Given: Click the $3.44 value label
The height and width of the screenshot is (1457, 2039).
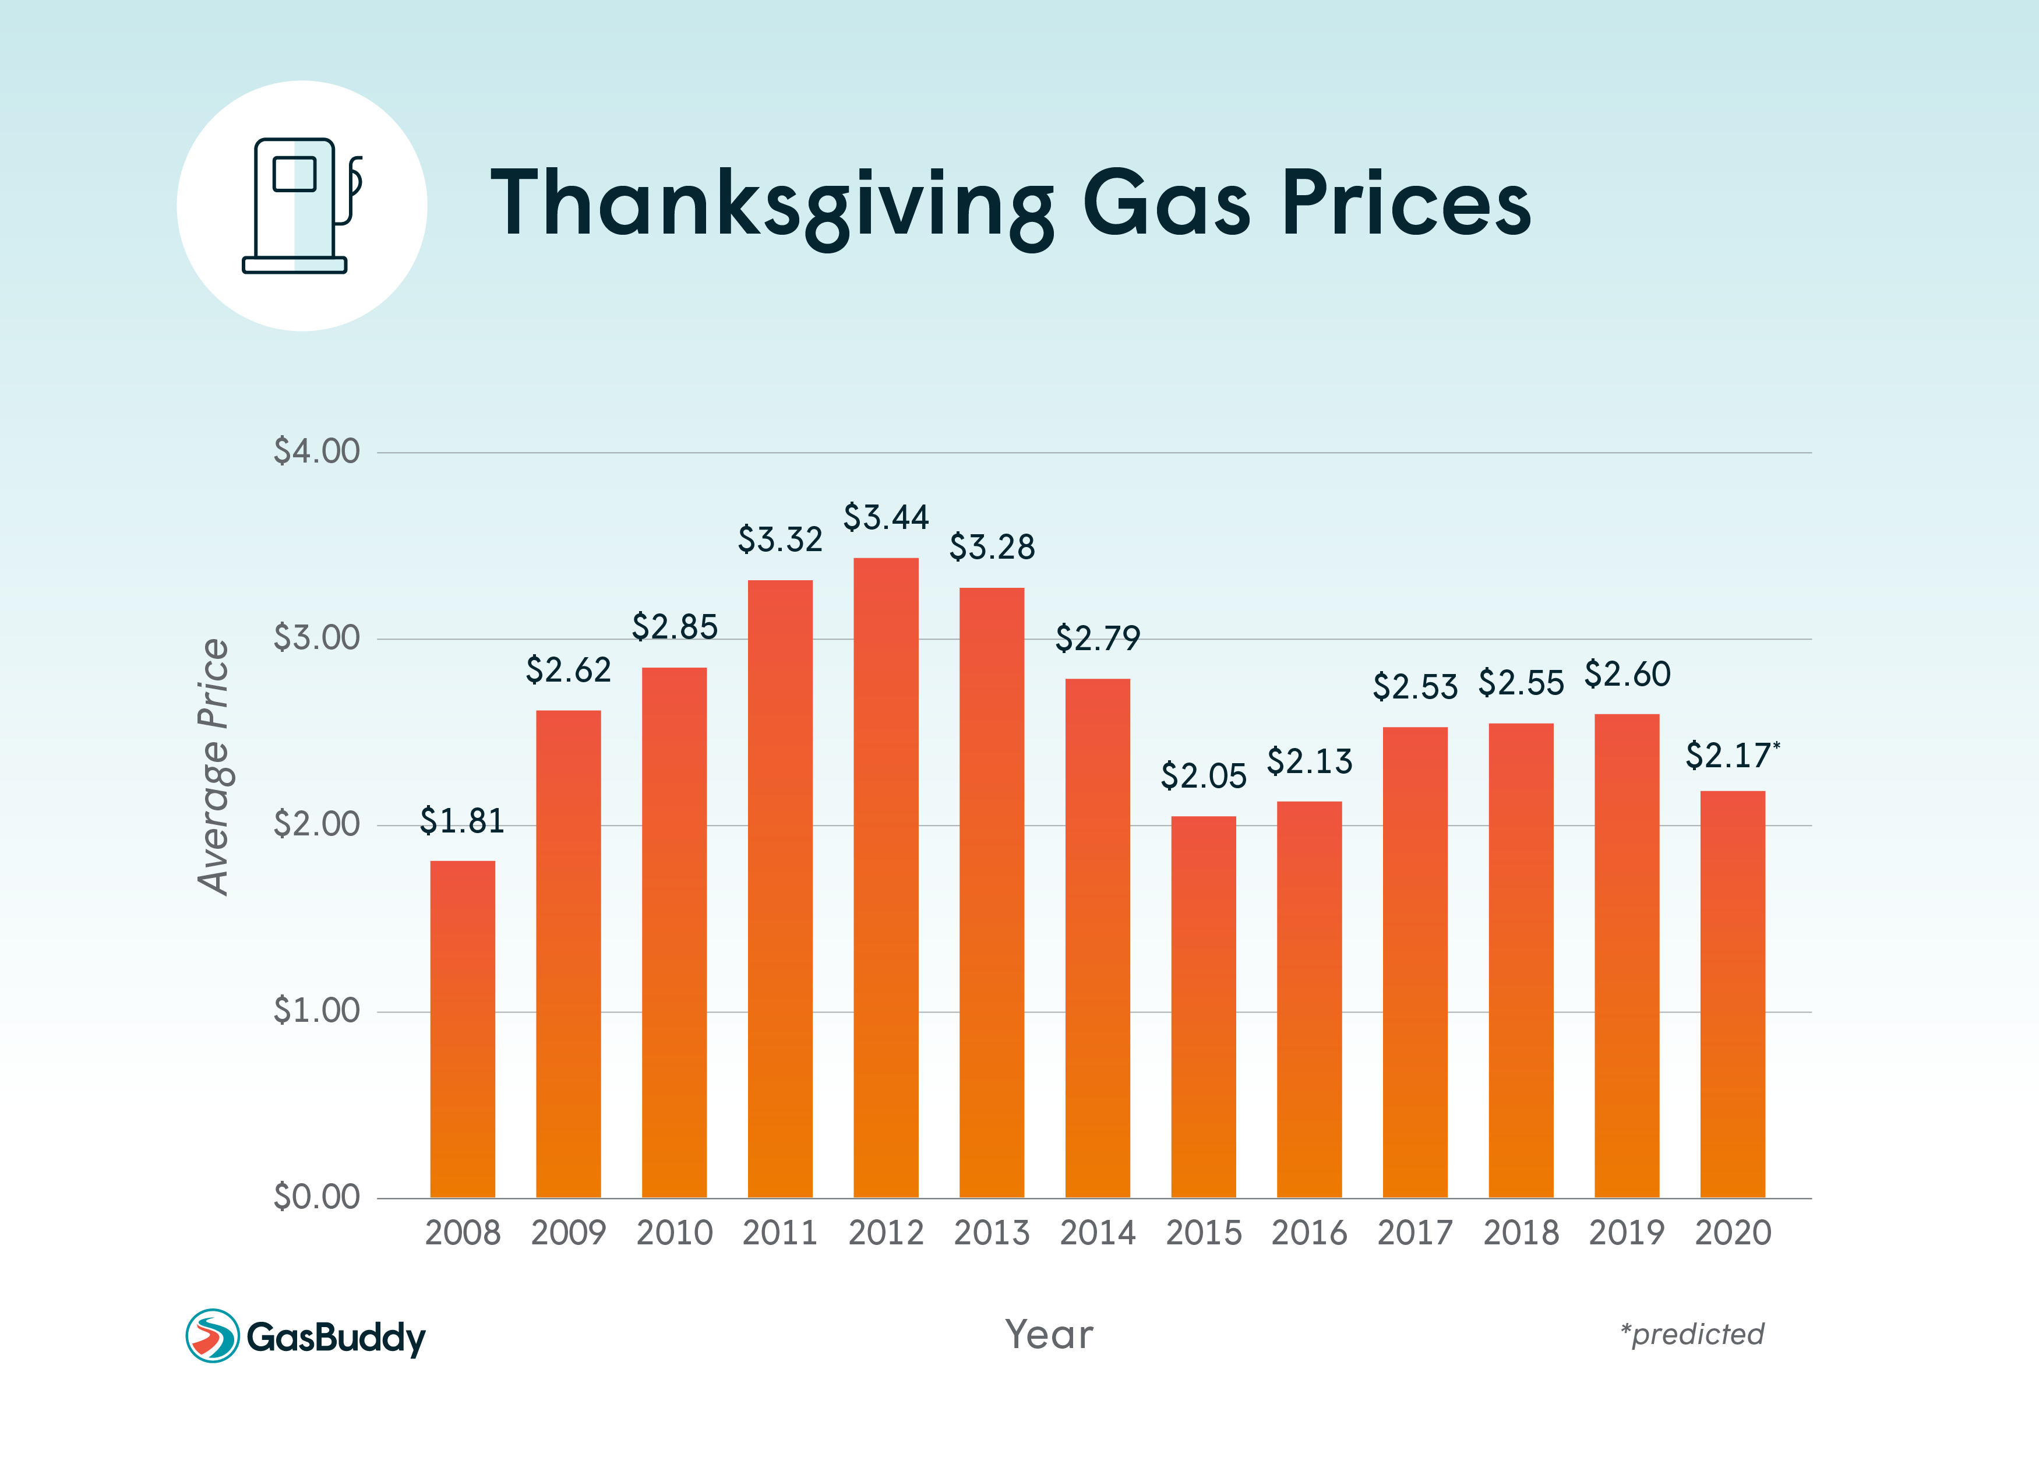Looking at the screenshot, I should click(886, 518).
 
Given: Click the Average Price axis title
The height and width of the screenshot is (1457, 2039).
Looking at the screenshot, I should click(213, 767).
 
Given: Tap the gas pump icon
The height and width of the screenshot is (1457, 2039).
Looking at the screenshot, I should click(302, 206).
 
